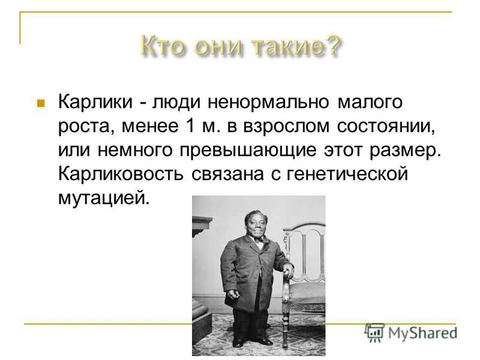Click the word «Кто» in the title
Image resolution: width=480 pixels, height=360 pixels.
coord(161,45)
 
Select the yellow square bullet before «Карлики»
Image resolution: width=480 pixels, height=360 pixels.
coord(41,103)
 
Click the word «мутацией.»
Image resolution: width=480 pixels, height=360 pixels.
coord(103,197)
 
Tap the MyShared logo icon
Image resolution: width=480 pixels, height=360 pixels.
coord(374,332)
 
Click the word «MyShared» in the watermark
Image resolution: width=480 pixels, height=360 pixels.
coord(422,333)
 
